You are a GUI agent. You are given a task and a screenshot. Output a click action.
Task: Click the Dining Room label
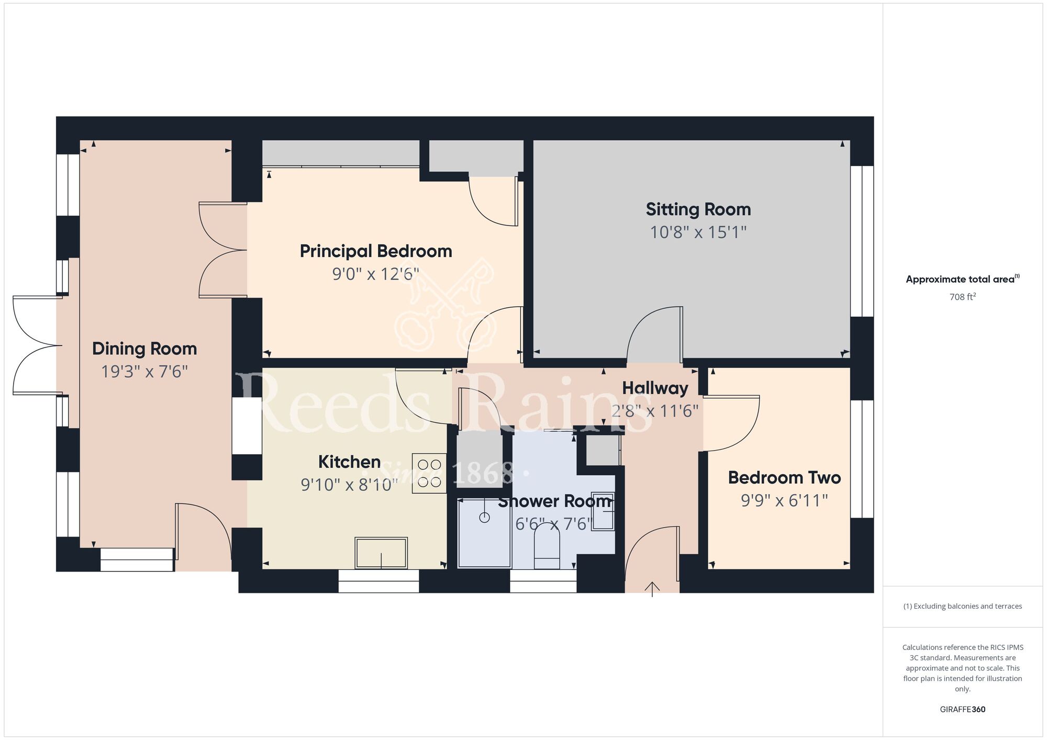[144, 349]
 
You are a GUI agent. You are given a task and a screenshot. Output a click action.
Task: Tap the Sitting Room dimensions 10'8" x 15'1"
[698, 232]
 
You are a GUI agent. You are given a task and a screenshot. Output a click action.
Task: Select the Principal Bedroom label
[376, 251]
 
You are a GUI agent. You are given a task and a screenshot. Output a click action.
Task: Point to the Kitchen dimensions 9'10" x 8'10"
[350, 485]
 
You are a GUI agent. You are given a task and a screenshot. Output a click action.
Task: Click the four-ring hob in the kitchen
[429, 473]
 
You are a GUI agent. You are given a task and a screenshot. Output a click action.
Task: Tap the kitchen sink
[381, 553]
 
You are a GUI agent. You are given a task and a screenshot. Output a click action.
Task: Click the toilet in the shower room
[547, 545]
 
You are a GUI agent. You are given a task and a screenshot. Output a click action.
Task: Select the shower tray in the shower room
[484, 533]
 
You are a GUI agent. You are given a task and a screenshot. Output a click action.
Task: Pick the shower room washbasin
[603, 511]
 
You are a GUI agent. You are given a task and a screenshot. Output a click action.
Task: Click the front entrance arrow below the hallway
[652, 589]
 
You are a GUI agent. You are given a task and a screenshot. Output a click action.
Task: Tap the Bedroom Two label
[784, 477]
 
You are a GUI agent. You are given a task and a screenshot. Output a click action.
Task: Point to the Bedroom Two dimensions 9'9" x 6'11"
[784, 500]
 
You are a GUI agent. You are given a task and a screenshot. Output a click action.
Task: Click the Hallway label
[655, 388]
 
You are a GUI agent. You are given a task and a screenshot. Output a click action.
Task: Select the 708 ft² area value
[963, 297]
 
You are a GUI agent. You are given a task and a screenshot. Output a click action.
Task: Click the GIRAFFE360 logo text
[963, 710]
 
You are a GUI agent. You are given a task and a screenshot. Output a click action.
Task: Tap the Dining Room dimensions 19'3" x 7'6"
[144, 372]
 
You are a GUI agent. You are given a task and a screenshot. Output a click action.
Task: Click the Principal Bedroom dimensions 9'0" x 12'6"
[376, 274]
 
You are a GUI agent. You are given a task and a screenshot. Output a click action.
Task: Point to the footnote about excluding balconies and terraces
[963, 607]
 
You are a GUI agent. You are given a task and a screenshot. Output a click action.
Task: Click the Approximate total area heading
[963, 279]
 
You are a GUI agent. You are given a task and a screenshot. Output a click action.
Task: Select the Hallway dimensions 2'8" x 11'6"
[655, 411]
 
